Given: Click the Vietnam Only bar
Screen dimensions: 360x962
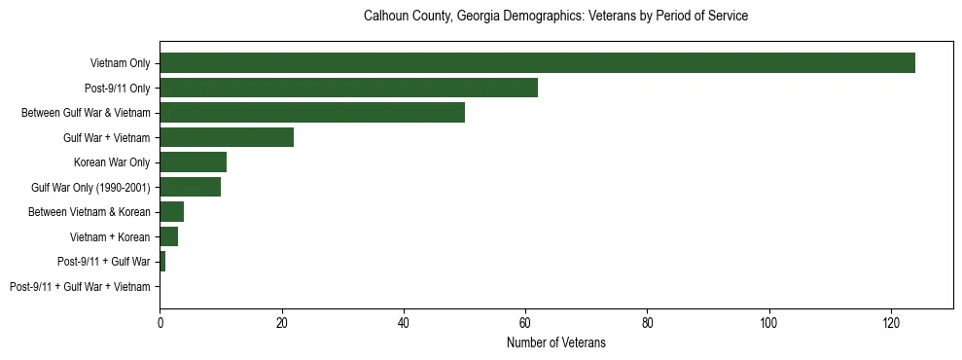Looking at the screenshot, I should tap(537, 63).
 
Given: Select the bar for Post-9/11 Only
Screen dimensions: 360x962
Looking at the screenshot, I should tap(348, 88).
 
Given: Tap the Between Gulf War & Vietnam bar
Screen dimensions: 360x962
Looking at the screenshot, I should tap(312, 113).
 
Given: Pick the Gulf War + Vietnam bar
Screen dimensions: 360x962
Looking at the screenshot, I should tap(227, 137).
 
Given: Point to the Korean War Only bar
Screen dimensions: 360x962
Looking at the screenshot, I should tap(193, 162).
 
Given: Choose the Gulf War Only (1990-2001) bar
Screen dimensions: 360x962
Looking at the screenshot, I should tap(190, 187).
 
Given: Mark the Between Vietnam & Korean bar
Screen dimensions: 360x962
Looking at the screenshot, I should tap(171, 212).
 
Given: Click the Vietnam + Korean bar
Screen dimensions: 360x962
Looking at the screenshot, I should tap(168, 236).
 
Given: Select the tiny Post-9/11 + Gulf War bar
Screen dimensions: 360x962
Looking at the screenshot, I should tap(162, 262).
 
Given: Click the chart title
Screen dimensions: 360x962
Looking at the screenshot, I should tap(555, 17).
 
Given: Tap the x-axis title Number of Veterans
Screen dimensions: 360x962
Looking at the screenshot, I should tap(555, 342).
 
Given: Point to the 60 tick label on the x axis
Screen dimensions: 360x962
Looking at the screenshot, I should tap(525, 323).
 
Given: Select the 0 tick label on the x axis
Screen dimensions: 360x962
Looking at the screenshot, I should tap(160, 323).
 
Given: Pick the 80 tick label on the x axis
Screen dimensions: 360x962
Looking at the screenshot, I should tap(647, 323).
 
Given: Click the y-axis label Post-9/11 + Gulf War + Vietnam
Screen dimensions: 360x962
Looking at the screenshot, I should tap(80, 287).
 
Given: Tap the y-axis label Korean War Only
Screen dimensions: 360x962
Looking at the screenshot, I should tap(112, 162).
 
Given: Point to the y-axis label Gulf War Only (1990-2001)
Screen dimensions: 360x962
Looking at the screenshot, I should tap(90, 187).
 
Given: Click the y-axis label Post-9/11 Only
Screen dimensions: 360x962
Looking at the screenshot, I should tap(116, 88).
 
